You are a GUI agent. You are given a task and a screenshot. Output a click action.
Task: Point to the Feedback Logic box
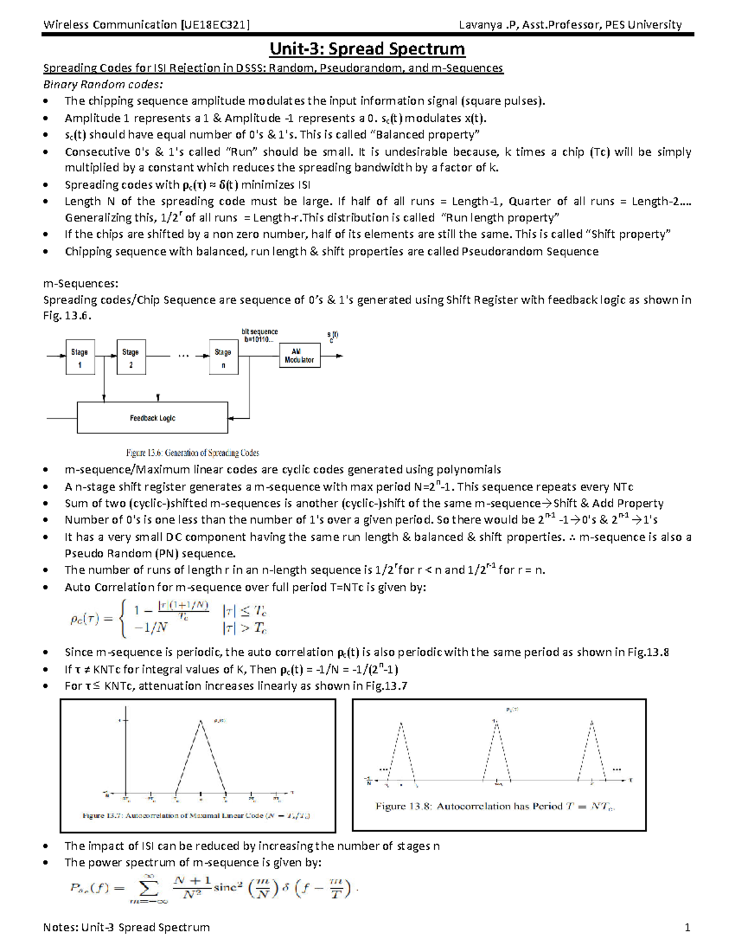click(153, 418)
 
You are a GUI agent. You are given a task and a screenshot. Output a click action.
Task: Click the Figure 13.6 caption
click(192, 453)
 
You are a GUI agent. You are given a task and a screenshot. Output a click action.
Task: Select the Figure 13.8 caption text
click(495, 806)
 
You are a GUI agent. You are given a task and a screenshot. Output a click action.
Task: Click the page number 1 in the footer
click(687, 927)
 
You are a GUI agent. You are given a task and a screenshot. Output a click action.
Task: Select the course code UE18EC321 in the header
click(215, 25)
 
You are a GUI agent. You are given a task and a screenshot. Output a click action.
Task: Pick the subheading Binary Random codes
click(103, 85)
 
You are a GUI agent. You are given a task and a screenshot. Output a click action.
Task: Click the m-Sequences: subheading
click(81, 283)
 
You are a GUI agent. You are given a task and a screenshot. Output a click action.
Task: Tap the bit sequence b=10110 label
click(260, 335)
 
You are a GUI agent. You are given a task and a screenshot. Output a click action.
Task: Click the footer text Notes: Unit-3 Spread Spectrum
click(126, 927)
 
